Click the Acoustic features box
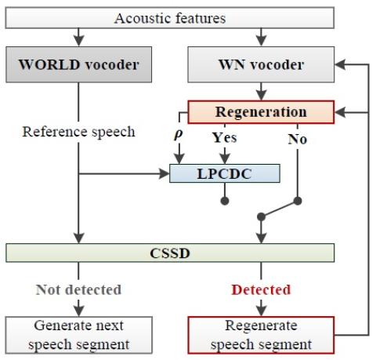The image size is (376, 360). point(170,18)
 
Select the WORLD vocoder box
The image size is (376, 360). point(78,64)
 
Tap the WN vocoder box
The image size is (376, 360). point(261,64)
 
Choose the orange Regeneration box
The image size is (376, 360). point(261,112)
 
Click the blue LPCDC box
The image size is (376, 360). point(225,173)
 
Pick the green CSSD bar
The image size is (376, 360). point(170,253)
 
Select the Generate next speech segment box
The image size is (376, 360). point(78,335)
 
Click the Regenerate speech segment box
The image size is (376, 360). point(261,335)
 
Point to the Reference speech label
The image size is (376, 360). point(78,132)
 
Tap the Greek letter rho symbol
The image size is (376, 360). point(179,134)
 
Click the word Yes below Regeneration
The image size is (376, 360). point(224,137)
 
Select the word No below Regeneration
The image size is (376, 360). point(298,139)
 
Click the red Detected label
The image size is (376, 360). point(261,289)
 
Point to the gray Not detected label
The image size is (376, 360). point(78,289)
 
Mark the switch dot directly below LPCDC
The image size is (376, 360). point(225,201)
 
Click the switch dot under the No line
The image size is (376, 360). point(298,201)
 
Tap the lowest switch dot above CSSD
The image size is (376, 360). point(261,216)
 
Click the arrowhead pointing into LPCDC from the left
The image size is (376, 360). point(164,173)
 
